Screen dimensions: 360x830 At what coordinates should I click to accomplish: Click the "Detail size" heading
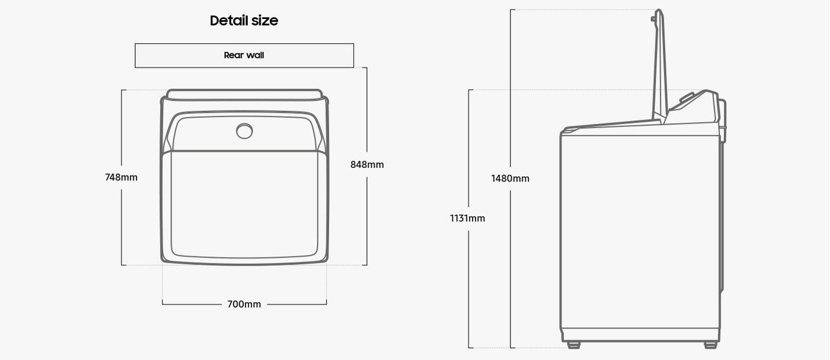pyautogui.click(x=244, y=21)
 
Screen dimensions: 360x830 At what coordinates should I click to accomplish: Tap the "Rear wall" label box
pyautogui.click(x=244, y=56)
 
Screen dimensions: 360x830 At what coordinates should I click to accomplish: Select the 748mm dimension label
pyautogui.click(x=121, y=177)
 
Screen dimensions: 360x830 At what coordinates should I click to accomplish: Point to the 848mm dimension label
pyautogui.click(x=367, y=165)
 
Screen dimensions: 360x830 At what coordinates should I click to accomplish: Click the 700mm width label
pyautogui.click(x=244, y=304)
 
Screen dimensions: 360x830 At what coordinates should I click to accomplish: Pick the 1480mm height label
pyautogui.click(x=510, y=179)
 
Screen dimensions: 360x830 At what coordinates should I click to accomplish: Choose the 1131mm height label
pyautogui.click(x=467, y=218)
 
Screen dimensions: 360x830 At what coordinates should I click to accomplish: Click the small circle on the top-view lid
pyautogui.click(x=244, y=131)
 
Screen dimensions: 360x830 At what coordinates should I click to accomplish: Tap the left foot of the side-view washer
pyautogui.click(x=573, y=345)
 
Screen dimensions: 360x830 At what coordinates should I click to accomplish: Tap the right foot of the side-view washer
pyautogui.click(x=710, y=345)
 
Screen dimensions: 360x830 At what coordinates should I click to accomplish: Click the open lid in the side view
pyautogui.click(x=659, y=65)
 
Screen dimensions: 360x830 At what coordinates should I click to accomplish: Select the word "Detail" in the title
pyautogui.click(x=228, y=21)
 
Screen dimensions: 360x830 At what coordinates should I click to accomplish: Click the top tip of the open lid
pyautogui.click(x=659, y=11)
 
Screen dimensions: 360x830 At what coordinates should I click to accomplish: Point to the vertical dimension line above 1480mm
pyautogui.click(x=511, y=89)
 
